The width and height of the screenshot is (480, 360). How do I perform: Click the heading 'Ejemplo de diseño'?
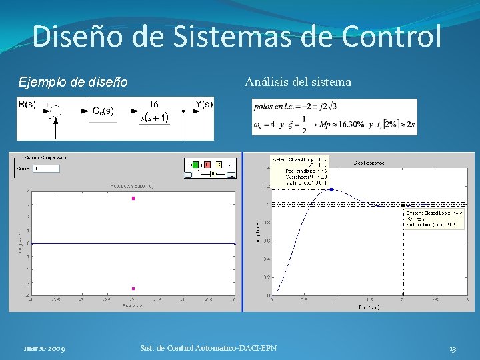click(73, 83)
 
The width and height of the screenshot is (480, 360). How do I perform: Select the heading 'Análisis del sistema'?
click(297, 83)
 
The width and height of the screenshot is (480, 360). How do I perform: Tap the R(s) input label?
click(27, 105)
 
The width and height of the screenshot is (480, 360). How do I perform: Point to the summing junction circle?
click(56, 111)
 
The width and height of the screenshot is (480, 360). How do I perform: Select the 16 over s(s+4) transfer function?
click(154, 112)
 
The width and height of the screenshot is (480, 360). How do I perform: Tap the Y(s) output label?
click(204, 104)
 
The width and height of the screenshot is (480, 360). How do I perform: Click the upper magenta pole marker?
click(133, 198)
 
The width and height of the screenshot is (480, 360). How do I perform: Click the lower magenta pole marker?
click(133, 289)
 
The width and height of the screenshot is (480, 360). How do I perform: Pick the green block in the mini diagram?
click(196, 164)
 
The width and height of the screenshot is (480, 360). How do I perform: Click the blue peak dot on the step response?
click(331, 189)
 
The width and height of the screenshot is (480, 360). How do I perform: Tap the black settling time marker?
click(403, 205)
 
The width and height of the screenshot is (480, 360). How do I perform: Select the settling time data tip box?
click(434, 219)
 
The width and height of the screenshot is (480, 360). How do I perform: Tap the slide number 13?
click(452, 348)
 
